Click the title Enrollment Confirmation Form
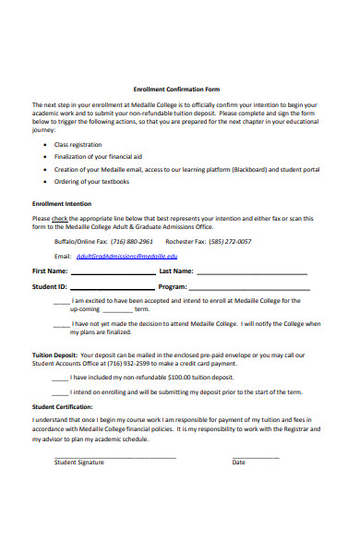176,89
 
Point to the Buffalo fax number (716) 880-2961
134,241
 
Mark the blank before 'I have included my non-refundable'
61,378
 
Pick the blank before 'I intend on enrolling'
61,392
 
